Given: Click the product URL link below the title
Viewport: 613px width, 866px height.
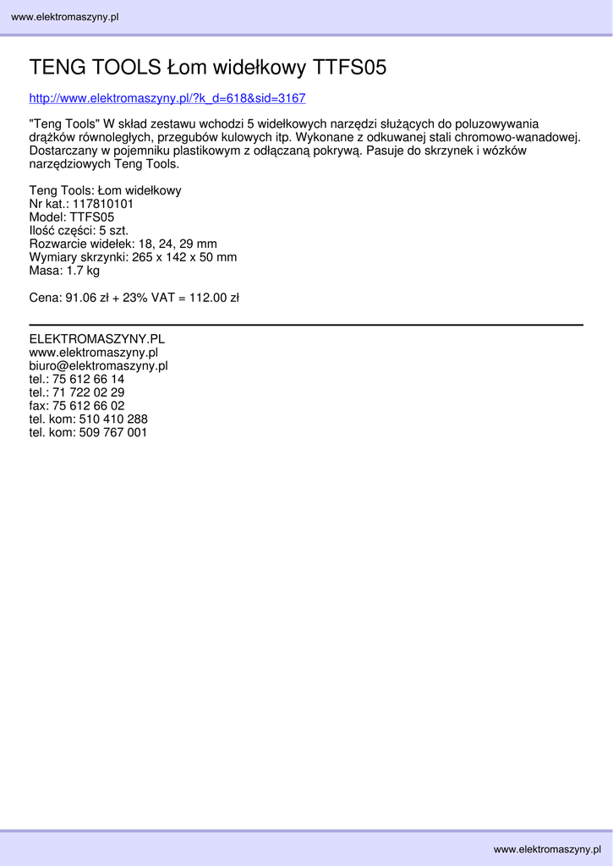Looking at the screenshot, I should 167,98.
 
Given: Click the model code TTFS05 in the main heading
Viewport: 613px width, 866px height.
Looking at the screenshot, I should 350,68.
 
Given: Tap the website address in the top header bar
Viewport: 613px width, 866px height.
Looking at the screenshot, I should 65,17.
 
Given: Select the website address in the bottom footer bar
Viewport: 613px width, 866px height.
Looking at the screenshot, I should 547,849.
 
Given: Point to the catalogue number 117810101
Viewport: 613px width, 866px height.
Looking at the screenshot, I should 103,204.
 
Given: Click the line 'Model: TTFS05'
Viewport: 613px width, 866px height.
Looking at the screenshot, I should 72,217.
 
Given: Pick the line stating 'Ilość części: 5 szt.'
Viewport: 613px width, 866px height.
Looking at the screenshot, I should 79,231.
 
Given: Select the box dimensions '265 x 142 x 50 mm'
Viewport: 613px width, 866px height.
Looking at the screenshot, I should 184,257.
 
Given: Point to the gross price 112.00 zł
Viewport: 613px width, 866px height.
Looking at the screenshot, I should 214,298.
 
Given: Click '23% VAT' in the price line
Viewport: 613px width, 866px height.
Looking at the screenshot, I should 148,298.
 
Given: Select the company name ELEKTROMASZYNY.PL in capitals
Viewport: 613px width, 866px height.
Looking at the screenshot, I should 97,339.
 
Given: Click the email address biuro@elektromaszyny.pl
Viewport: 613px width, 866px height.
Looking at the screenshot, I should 99,366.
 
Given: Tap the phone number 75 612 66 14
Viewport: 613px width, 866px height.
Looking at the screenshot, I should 88,379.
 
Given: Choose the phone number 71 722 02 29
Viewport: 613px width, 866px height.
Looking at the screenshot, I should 88,392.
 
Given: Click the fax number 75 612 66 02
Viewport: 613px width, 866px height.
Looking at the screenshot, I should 88,406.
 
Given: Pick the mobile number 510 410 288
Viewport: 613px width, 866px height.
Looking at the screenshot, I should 113,419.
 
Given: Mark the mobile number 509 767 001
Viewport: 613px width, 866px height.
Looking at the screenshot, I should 113,432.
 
